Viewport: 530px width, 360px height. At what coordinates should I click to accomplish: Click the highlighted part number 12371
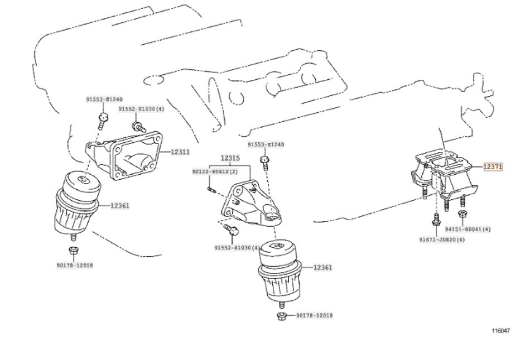pyautogui.click(x=493, y=166)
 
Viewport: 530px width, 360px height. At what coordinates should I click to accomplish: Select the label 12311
pyautogui.click(x=180, y=151)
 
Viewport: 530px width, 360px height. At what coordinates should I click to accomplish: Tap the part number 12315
pyautogui.click(x=229, y=158)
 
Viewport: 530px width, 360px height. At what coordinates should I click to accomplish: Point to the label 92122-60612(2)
pyautogui.click(x=215, y=171)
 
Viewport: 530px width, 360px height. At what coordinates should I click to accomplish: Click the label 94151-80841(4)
pyautogui.click(x=468, y=229)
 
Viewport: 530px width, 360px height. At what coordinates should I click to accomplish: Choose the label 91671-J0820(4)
pyautogui.click(x=442, y=239)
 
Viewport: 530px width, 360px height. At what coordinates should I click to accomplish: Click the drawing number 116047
pyautogui.click(x=500, y=330)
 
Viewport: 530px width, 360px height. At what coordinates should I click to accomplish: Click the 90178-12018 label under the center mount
pyautogui.click(x=313, y=316)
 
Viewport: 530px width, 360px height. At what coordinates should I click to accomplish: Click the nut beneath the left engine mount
pyautogui.click(x=73, y=250)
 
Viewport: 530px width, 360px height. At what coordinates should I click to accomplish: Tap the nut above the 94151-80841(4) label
pyautogui.click(x=462, y=214)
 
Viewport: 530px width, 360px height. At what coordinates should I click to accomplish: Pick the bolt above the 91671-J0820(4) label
pyautogui.click(x=435, y=221)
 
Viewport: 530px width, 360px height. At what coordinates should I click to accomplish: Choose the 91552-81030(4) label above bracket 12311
pyautogui.click(x=141, y=109)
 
